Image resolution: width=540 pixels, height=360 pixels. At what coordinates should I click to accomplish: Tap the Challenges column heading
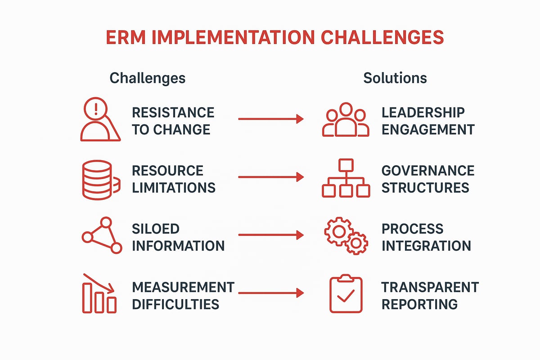click(147, 78)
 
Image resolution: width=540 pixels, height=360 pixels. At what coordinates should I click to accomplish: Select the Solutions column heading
click(395, 78)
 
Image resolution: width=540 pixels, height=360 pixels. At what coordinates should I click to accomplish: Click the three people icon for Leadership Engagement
click(345, 120)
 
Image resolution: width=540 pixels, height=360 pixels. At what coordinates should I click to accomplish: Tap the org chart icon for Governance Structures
click(346, 179)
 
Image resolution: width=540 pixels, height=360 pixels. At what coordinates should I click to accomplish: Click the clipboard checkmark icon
click(346, 294)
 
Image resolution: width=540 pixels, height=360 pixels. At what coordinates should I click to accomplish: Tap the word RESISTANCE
click(173, 112)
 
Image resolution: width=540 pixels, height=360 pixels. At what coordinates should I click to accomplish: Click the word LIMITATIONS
click(174, 187)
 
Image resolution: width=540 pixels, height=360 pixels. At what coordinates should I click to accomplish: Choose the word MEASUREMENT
click(183, 287)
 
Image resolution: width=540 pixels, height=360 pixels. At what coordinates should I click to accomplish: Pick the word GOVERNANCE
click(427, 171)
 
